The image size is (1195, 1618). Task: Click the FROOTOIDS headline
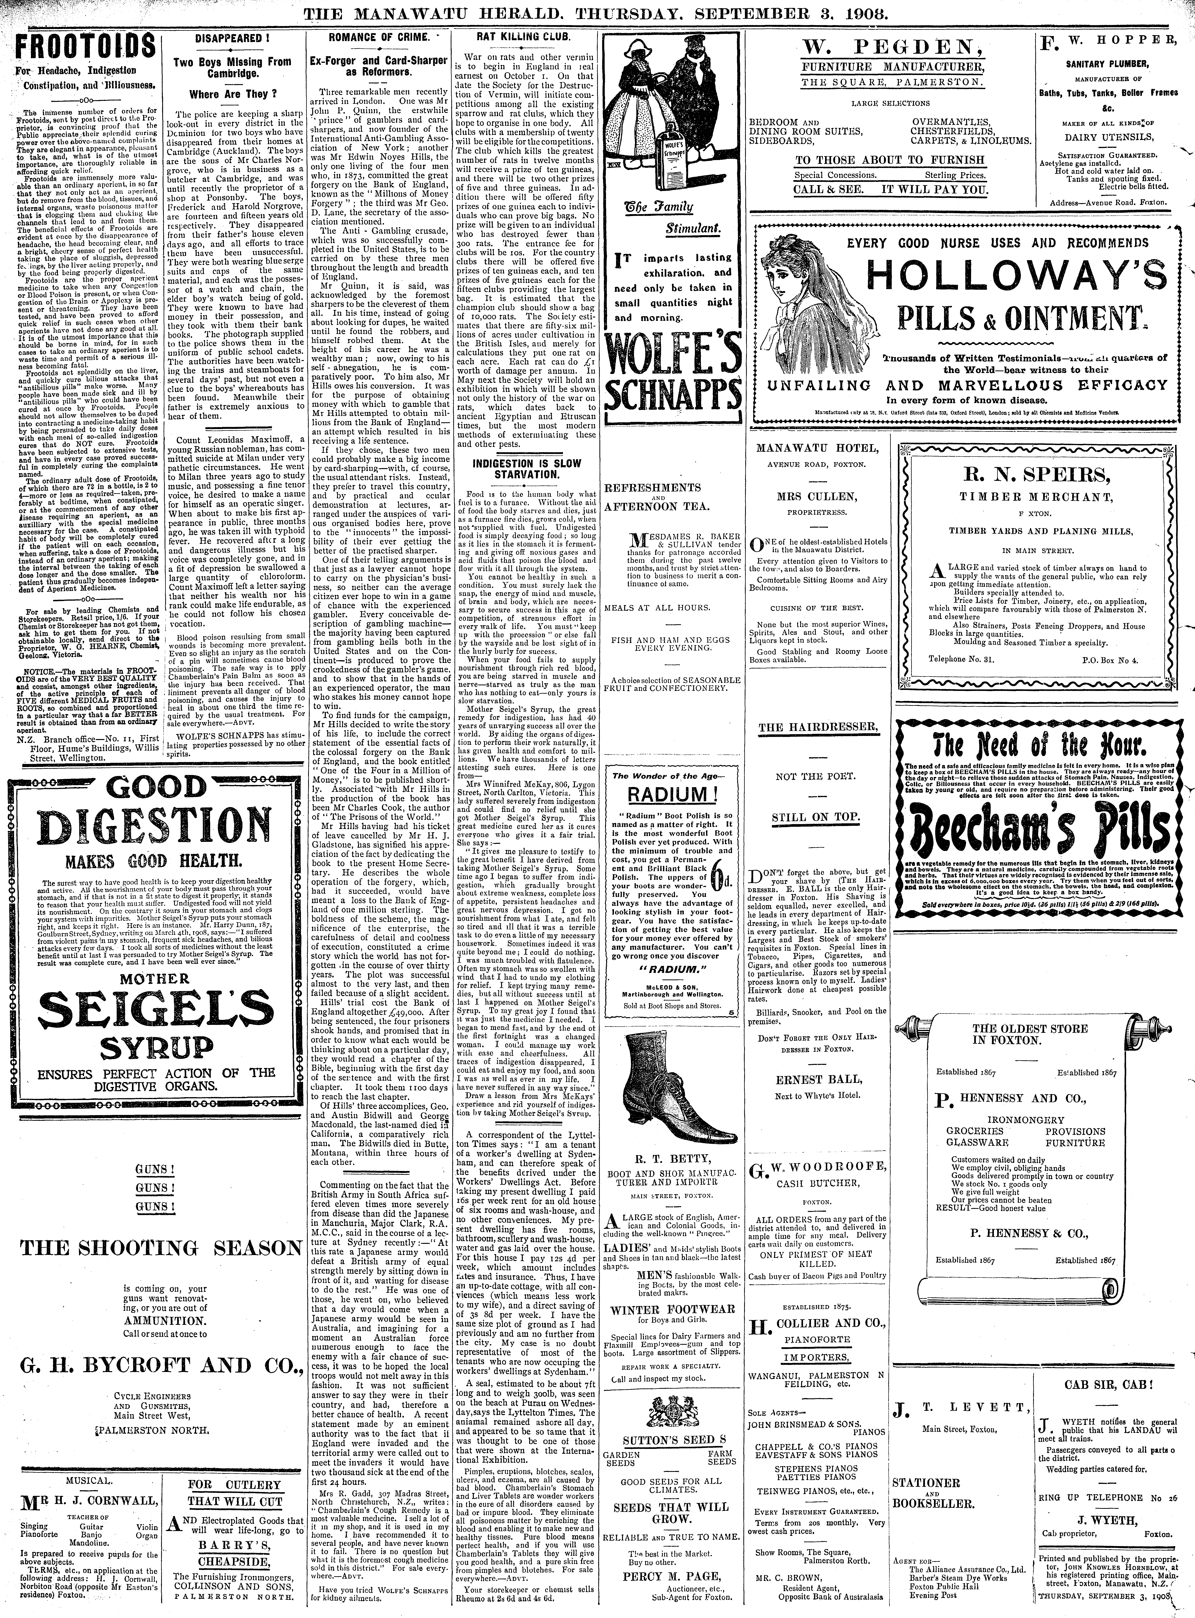pos(85,49)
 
